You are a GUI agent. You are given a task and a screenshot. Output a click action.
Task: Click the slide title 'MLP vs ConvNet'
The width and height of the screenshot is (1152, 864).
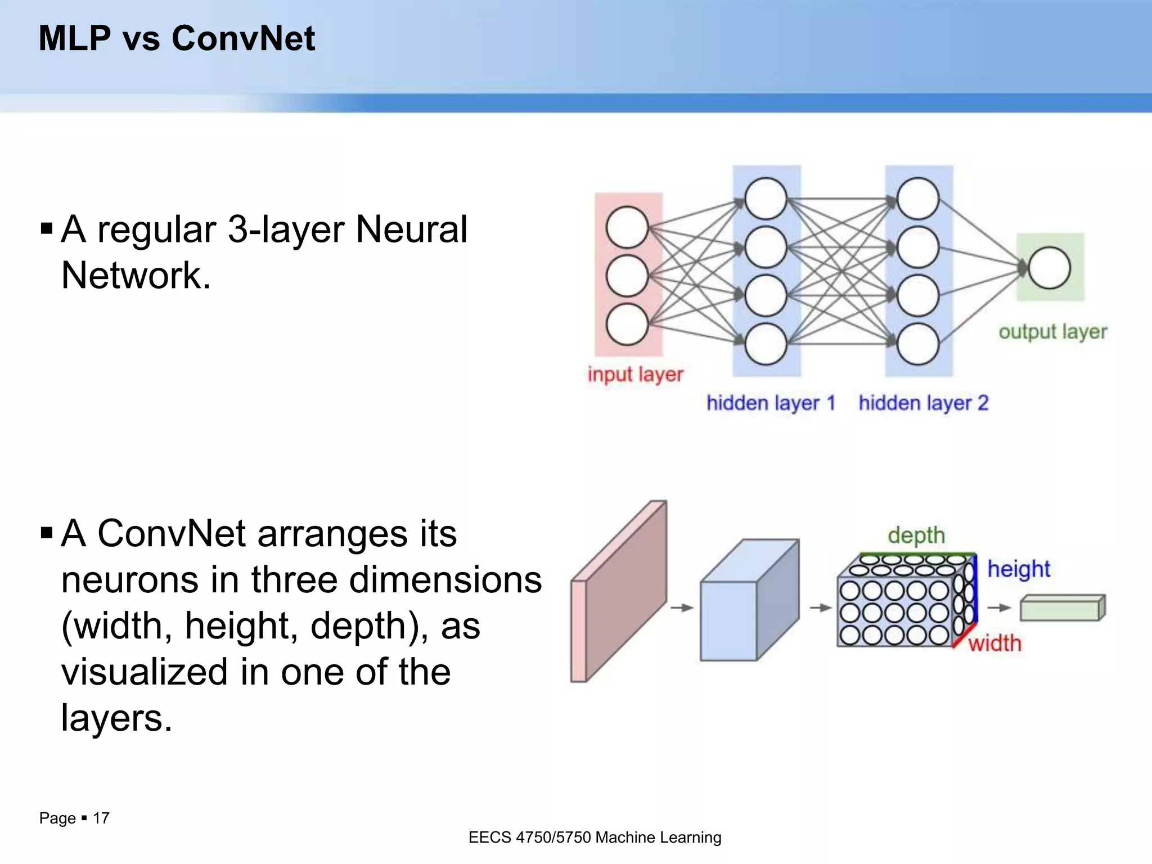177,38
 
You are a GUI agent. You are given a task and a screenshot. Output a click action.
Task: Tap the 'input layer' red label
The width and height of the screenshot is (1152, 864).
635,374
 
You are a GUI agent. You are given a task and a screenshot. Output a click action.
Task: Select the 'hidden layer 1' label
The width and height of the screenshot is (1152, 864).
770,403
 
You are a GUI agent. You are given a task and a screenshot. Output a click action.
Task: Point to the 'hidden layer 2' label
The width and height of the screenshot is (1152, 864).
923,403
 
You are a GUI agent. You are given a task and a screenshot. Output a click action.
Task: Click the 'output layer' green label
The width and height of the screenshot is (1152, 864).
1052,332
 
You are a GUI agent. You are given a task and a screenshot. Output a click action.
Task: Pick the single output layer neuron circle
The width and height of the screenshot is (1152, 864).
1049,268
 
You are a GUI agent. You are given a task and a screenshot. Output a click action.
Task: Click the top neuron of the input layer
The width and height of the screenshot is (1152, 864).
627,227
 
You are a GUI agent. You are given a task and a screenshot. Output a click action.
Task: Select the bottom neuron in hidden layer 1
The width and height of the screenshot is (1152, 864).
765,344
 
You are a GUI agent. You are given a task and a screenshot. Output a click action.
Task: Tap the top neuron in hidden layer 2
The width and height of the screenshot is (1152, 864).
917,199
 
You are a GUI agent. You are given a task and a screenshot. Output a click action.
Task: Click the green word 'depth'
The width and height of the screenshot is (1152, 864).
916,535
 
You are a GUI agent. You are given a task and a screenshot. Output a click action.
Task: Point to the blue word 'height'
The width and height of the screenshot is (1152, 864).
1019,569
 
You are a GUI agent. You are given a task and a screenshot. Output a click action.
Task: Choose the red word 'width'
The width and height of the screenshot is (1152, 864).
994,643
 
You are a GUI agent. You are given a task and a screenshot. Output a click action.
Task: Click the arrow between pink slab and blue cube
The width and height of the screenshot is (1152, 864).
682,607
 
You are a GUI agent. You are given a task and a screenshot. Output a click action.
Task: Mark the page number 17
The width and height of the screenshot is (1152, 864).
101,818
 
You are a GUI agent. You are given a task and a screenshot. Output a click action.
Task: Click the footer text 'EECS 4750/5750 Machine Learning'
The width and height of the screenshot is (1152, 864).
595,837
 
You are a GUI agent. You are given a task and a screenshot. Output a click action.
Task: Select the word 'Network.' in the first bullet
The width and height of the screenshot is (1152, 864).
136,275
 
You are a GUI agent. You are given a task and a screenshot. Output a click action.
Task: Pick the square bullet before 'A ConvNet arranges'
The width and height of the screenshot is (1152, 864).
47,532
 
